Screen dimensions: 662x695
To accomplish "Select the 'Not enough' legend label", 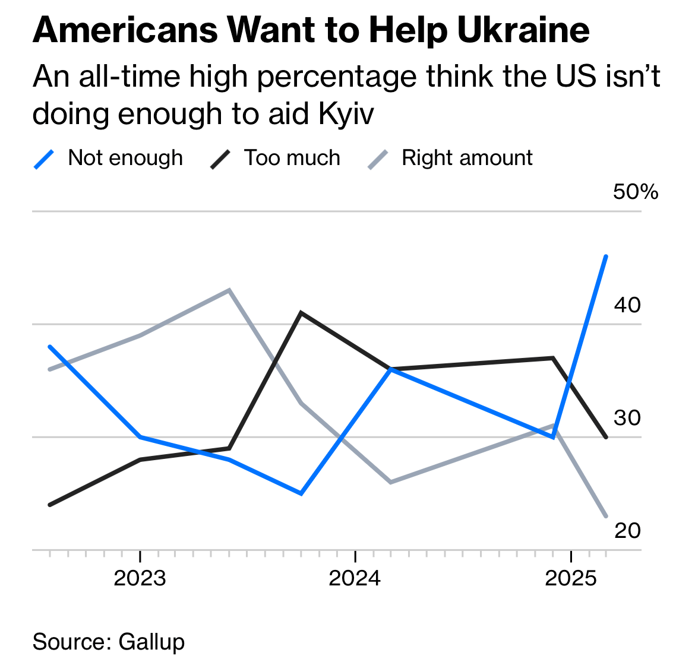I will [125, 158].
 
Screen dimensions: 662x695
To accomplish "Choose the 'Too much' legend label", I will [292, 158].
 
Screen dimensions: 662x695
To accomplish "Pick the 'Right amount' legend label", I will [467, 158].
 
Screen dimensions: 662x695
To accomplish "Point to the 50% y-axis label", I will [636, 192].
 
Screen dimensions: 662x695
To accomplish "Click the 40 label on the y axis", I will [627, 305].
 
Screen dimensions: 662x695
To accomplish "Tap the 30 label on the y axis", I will [627, 417].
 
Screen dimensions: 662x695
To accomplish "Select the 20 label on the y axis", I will [627, 530].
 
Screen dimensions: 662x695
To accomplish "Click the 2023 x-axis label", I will [140, 578].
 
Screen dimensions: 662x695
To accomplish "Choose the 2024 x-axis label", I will [355, 578].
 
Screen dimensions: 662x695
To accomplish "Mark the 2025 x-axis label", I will [570, 578].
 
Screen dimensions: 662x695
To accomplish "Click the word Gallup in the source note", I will [151, 642].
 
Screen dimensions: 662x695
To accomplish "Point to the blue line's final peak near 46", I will [606, 256].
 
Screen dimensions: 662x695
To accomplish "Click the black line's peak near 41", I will [302, 312].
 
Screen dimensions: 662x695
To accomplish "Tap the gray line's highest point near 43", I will [229, 290].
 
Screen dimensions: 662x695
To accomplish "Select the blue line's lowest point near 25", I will [302, 493].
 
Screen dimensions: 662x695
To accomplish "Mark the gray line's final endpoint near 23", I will [606, 516].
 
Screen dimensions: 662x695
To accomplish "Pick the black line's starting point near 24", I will [50, 505].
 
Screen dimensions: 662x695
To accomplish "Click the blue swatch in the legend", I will [45, 159].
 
